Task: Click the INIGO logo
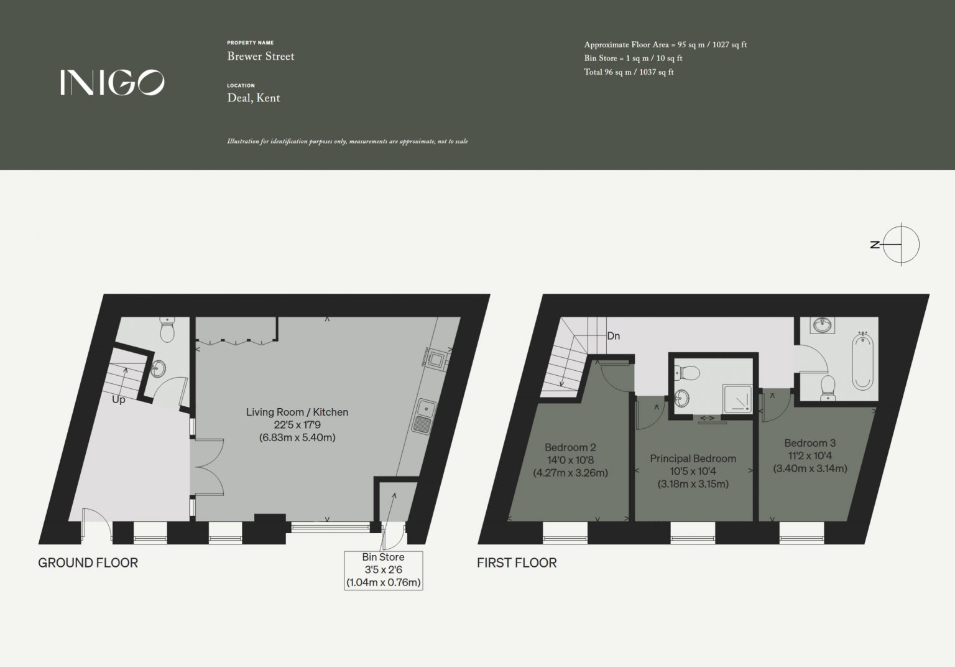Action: (112, 82)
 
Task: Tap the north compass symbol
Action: (897, 245)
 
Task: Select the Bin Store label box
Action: (383, 571)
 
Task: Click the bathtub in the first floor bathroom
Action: (862, 361)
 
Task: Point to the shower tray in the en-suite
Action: (737, 399)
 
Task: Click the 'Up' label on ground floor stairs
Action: (119, 400)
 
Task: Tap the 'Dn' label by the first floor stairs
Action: (613, 336)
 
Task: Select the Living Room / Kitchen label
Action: (297, 424)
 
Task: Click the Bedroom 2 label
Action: (570, 460)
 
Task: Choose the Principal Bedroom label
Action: (693, 471)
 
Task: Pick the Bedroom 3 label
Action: (810, 455)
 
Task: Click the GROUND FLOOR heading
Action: (88, 563)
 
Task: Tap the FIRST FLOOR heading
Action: (517, 563)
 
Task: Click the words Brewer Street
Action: (261, 56)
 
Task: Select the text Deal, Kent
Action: (253, 98)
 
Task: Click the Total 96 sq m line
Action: (629, 72)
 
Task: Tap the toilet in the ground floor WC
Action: (167, 329)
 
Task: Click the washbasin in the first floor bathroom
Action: (823, 325)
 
